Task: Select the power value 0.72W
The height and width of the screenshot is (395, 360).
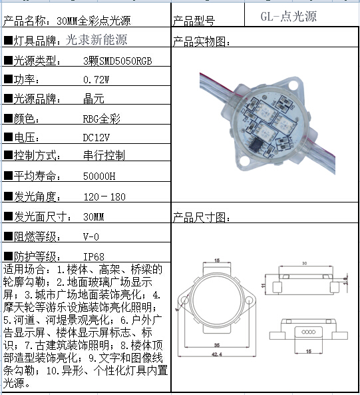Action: [x=96, y=80]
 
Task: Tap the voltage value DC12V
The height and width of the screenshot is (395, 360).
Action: [x=96, y=137]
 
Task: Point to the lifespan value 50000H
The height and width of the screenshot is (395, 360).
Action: [x=99, y=177]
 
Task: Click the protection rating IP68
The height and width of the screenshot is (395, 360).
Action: [x=94, y=256]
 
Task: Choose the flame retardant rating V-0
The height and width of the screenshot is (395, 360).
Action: [x=91, y=236]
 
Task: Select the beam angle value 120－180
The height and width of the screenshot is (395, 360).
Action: [x=104, y=197]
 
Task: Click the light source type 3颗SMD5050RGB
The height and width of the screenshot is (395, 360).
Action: [x=117, y=61]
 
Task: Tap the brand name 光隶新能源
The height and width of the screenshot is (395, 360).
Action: [x=96, y=40]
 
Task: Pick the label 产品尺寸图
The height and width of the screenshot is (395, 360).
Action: [x=201, y=218]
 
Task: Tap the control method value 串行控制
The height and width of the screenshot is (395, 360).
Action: [x=103, y=157]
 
